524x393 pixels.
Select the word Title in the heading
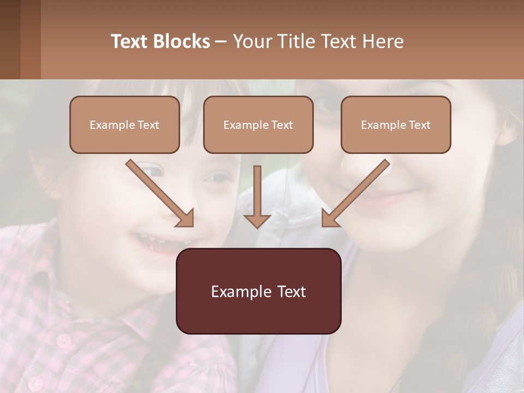click(x=294, y=41)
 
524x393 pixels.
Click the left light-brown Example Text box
click(x=124, y=124)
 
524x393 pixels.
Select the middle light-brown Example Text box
click(x=258, y=124)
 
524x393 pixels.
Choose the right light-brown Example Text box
click(x=396, y=124)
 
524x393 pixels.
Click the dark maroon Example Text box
click(x=258, y=291)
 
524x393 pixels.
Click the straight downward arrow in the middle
click(x=257, y=199)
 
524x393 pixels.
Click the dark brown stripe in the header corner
click(x=10, y=39)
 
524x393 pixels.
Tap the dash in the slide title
click(x=222, y=41)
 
